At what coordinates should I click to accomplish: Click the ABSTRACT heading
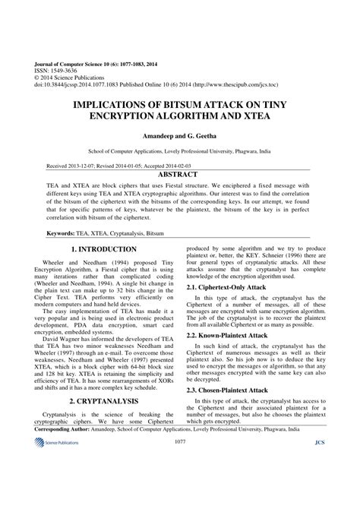(x=180, y=174)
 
